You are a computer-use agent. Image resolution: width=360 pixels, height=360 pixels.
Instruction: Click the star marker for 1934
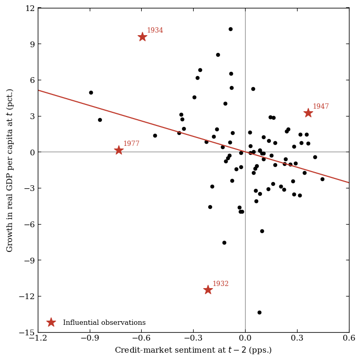[x=142, y=37]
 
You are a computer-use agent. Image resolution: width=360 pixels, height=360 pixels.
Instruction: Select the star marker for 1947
[x=308, y=113]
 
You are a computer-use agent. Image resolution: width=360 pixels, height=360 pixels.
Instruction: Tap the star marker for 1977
[x=119, y=150]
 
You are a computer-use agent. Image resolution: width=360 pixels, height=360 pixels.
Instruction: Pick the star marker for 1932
[x=208, y=290]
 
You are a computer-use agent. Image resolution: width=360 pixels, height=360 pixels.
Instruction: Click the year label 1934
[x=155, y=30]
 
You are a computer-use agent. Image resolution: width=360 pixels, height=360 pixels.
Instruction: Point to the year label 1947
[x=321, y=106]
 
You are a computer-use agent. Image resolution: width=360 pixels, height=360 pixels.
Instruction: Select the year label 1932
[x=220, y=283]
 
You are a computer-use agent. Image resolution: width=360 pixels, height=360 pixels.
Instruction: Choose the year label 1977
[x=131, y=143]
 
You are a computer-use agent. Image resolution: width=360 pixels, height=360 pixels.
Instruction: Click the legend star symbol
[x=51, y=322]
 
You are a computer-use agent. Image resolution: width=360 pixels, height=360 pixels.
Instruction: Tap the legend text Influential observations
[x=104, y=322]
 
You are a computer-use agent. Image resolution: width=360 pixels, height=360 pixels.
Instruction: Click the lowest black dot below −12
[x=259, y=312]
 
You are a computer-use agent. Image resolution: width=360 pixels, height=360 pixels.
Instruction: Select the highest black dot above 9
[x=230, y=29]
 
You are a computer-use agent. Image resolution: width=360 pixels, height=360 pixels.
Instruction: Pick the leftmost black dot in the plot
[x=91, y=92]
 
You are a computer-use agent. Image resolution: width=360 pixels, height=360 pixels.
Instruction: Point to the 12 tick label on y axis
[x=30, y=8]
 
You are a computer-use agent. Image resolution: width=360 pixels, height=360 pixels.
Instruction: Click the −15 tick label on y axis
[x=27, y=333]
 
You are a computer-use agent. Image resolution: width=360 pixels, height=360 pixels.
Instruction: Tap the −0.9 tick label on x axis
[x=90, y=338]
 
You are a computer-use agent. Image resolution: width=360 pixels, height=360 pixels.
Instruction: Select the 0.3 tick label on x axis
[x=297, y=338]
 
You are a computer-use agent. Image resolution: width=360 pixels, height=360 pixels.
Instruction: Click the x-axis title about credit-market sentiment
[x=193, y=350]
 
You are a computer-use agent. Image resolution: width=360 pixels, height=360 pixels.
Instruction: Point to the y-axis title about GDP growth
[x=9, y=171]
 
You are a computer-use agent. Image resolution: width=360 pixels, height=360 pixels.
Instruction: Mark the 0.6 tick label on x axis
[x=349, y=338]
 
